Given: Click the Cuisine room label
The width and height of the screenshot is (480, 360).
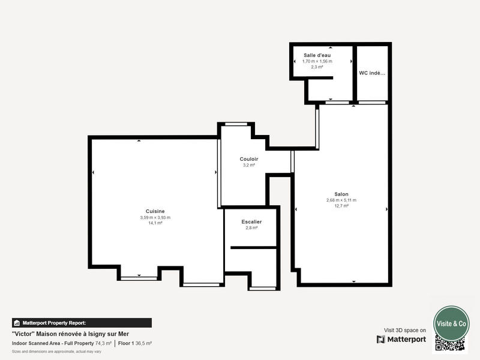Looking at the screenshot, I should [155, 211].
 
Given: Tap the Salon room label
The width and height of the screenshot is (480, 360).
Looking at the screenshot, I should [341, 194].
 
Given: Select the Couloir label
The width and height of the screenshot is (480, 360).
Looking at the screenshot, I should [249, 159].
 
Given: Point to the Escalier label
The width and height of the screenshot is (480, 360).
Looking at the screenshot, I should [251, 222].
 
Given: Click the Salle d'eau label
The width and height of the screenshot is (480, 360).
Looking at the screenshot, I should [317, 55].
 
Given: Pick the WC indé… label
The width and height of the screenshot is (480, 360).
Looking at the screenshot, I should [372, 73].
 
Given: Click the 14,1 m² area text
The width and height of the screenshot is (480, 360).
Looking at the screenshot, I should [155, 223].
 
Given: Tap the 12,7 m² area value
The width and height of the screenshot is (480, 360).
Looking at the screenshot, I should [341, 206].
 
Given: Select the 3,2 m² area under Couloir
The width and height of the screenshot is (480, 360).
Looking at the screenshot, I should [249, 165].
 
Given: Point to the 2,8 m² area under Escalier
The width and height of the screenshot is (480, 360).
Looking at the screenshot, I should [251, 228].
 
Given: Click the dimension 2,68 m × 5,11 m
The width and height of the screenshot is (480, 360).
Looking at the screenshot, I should [341, 200].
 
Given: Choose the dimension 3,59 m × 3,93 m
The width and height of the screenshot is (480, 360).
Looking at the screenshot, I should [155, 217].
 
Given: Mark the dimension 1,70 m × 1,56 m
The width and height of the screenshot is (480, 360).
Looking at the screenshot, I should [317, 61].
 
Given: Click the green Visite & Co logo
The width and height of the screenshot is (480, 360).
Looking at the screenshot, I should [451, 323].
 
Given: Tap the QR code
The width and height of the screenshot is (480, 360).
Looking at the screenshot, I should [450, 344].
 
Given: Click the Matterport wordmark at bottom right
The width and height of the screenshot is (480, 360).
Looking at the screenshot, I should [406, 340].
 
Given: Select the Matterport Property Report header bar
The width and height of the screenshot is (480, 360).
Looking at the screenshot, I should [82, 323].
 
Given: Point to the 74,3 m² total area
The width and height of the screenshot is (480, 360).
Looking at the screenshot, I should [103, 343].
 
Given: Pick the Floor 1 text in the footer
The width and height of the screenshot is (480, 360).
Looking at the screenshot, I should [126, 343].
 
